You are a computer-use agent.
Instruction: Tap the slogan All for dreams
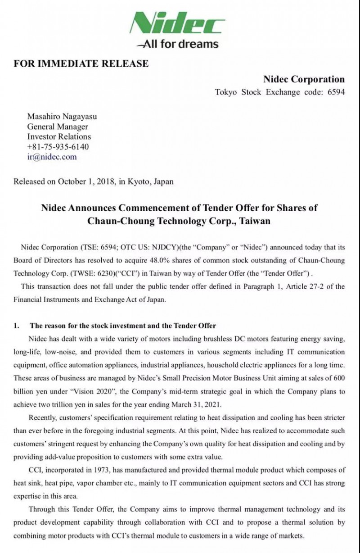(x=180, y=44)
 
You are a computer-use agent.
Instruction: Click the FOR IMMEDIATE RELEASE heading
(x=81, y=63)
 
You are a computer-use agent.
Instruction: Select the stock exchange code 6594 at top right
(x=336, y=92)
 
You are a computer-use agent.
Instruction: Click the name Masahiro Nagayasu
(x=62, y=117)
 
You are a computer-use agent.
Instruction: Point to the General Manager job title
(x=58, y=127)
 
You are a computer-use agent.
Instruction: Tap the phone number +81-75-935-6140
(x=58, y=147)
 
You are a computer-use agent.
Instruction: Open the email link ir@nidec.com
(x=52, y=157)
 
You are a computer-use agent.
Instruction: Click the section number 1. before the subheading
(x=17, y=326)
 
